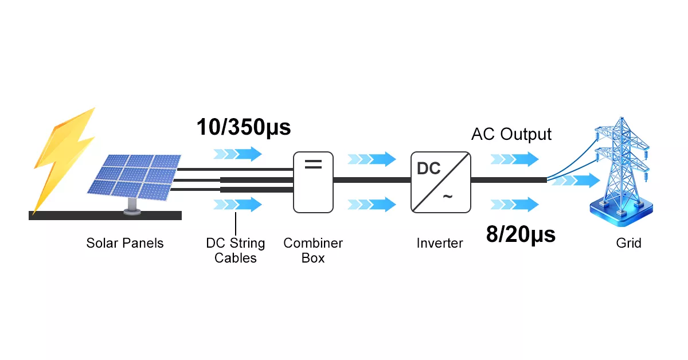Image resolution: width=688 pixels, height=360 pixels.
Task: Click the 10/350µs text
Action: tap(244, 127)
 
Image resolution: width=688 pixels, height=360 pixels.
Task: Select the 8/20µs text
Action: tap(521, 234)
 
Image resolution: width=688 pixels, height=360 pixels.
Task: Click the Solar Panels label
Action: tap(125, 243)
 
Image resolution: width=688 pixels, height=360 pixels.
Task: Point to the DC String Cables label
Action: tap(236, 251)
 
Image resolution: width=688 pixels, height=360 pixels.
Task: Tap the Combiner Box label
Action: tap(313, 251)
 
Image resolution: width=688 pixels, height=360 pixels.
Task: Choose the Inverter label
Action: tap(440, 243)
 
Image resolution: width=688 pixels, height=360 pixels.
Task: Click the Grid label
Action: tap(629, 243)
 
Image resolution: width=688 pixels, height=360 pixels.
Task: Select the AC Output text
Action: tap(511, 134)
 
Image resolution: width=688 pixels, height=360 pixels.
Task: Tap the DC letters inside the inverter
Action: tap(429, 169)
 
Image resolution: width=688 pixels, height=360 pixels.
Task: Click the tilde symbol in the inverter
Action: tap(447, 197)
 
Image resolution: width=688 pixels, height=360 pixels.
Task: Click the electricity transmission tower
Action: tap(622, 166)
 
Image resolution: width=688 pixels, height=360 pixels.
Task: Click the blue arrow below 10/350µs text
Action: tap(238, 154)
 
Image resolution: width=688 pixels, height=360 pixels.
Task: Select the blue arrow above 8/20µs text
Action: tap(515, 204)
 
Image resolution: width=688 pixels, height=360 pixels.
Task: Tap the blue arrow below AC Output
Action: tap(515, 159)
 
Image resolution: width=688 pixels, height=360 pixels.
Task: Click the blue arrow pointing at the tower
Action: tap(574, 181)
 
